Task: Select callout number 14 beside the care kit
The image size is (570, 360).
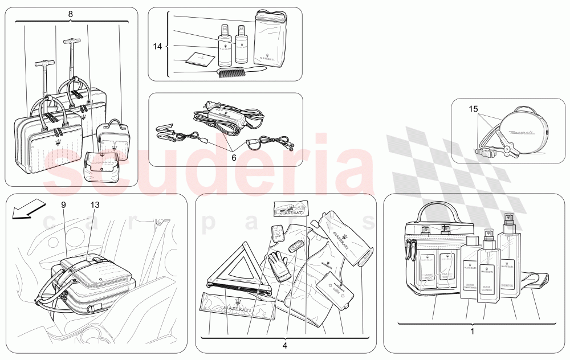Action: pyautogui.click(x=157, y=47)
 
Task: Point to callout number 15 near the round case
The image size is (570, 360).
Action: pyautogui.click(x=473, y=108)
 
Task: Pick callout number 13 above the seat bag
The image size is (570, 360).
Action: pyautogui.click(x=94, y=203)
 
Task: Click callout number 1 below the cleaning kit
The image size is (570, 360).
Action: pyautogui.click(x=472, y=330)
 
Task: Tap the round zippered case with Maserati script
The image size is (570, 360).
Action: pyautogui.click(x=522, y=131)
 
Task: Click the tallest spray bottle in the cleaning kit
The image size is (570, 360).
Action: pyautogui.click(x=508, y=256)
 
